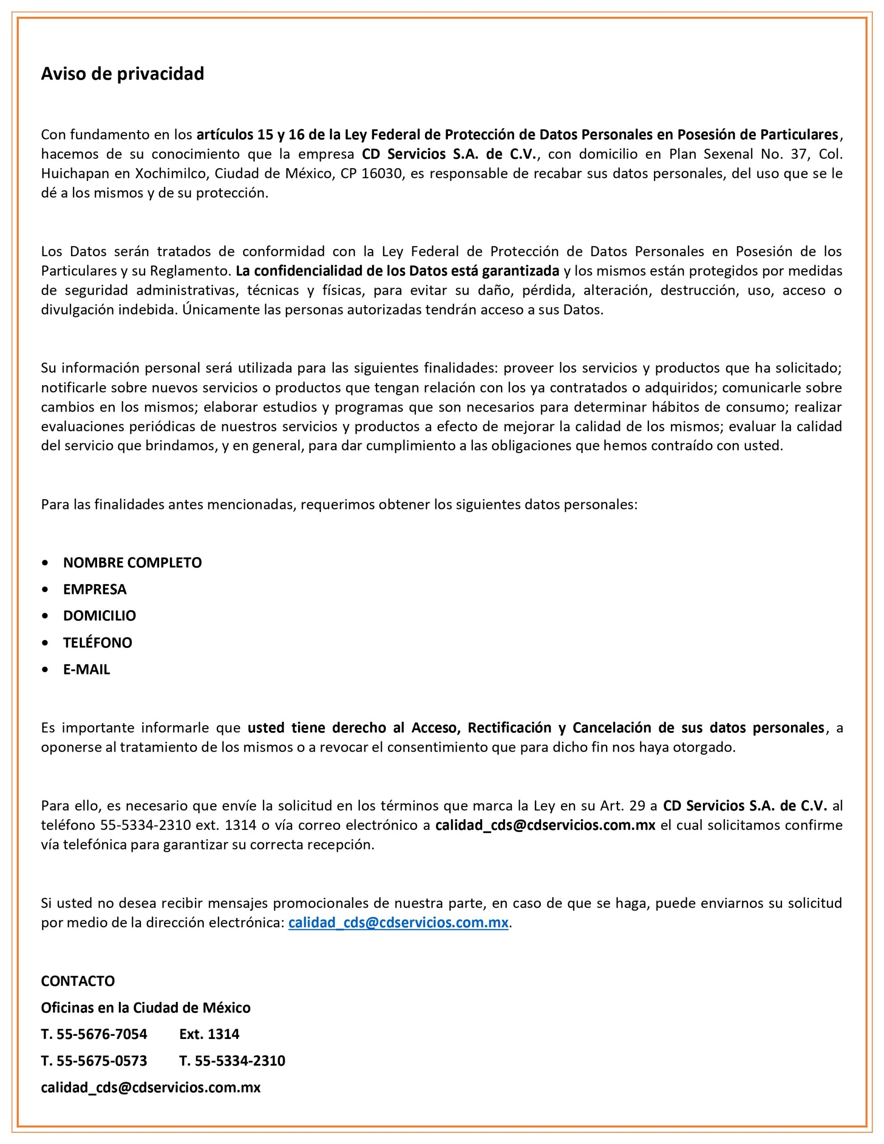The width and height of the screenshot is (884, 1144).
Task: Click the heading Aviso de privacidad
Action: (x=122, y=74)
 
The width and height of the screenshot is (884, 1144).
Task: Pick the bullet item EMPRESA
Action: (x=95, y=589)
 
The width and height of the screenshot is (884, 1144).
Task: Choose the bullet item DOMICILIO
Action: (x=100, y=615)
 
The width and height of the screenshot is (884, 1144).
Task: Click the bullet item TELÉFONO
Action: (x=97, y=643)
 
